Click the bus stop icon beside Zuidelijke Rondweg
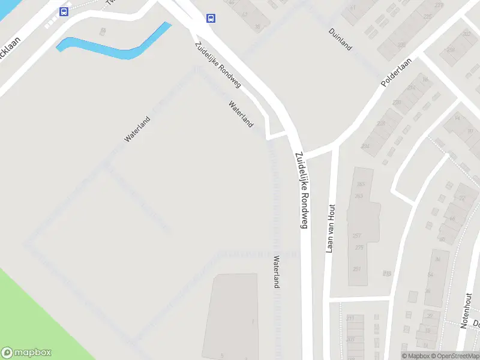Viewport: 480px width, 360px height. tap(211, 18)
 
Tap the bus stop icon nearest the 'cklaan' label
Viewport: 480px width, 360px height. tap(64, 11)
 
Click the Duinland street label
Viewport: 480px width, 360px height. tap(340, 38)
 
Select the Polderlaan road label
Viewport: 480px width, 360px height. tap(398, 76)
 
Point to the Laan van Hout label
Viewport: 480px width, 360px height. tap(329, 229)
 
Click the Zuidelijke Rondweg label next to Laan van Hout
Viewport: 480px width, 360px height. tap(301, 189)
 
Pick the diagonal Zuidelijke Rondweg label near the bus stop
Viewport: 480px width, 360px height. tap(217, 65)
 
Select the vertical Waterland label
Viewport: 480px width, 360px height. tap(276, 272)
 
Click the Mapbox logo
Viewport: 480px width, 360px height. tap(26, 353)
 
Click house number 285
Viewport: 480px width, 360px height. tap(360, 184)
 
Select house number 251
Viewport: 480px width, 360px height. tap(358, 269)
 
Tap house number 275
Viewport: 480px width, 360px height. tap(359, 247)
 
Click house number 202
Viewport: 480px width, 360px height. tap(466, 34)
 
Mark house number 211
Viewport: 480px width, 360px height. tap(350, 317)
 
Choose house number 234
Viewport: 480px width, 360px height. tap(365, 146)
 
